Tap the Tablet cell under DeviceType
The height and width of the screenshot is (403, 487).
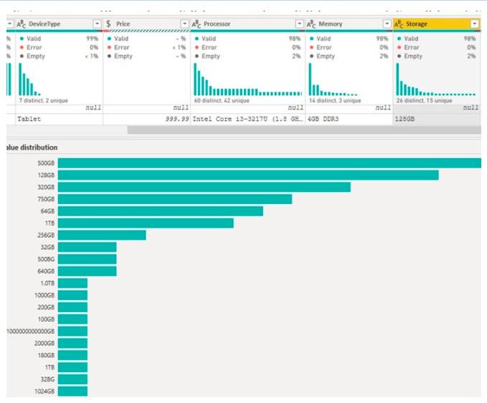pyautogui.click(x=29, y=120)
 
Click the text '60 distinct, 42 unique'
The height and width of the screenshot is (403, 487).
pyautogui.click(x=223, y=101)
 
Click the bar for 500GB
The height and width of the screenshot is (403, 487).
pyautogui.click(x=269, y=163)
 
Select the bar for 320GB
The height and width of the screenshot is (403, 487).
pyautogui.click(x=204, y=187)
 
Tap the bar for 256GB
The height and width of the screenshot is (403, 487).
pyautogui.click(x=101, y=235)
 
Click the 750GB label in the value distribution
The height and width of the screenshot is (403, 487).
pyautogui.click(x=45, y=199)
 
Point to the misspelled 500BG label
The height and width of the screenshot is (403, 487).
pyautogui.click(x=45, y=259)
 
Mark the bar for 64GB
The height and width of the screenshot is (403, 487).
pyautogui.click(x=160, y=211)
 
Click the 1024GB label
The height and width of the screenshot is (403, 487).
pyautogui.click(x=44, y=392)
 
